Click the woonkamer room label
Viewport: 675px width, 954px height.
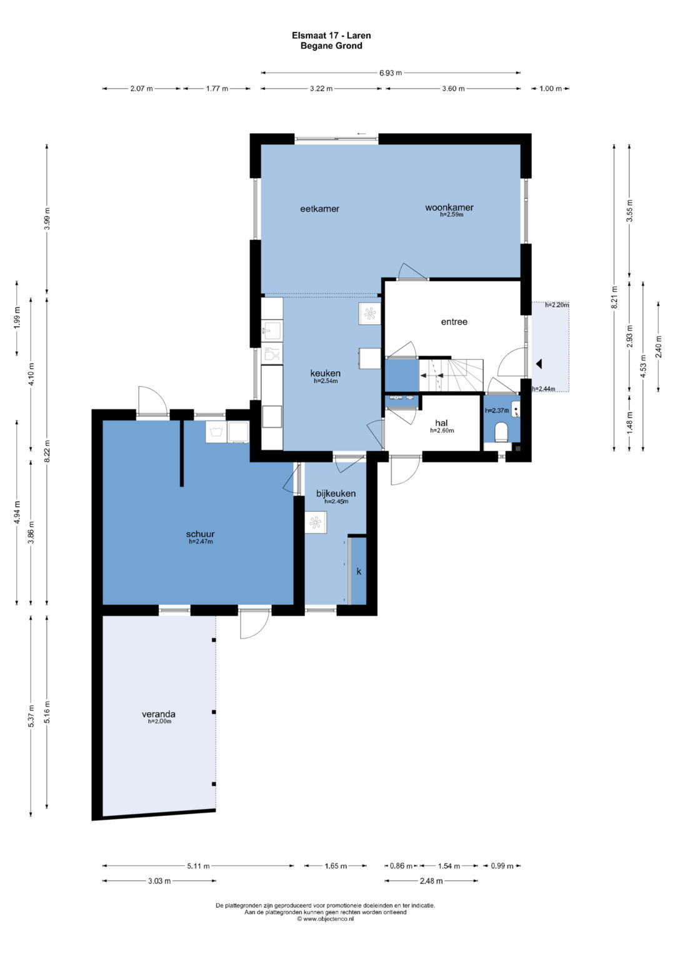coord(449,207)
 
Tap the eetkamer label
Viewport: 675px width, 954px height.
coord(319,209)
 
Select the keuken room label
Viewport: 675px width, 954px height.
coord(326,374)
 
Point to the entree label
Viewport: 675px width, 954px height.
coord(454,322)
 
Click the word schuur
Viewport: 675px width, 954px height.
coord(200,534)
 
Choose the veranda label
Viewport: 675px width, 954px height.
coord(159,714)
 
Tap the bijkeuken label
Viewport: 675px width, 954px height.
coord(336,494)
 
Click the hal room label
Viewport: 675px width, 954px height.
coord(441,423)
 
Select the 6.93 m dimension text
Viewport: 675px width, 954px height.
coord(391,73)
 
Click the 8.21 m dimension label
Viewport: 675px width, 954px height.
coord(614,302)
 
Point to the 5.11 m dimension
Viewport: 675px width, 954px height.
coord(199,866)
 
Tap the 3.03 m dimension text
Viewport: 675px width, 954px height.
coord(159,881)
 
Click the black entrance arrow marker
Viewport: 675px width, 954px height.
coord(539,364)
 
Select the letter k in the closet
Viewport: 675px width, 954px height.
coord(359,572)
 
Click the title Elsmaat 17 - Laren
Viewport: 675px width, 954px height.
coord(331,36)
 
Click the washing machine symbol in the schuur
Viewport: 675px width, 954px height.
coord(216,432)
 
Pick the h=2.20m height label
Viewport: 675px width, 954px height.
coord(557,305)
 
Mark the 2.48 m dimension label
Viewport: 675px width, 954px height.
coord(431,881)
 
